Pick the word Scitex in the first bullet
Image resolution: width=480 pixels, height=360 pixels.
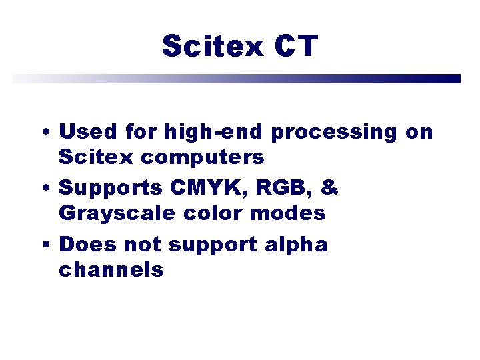pyautogui.click(x=93, y=157)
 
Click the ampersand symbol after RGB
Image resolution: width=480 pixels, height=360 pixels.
pyautogui.click(x=329, y=188)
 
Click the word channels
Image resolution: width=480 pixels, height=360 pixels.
pyautogui.click(x=111, y=269)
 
